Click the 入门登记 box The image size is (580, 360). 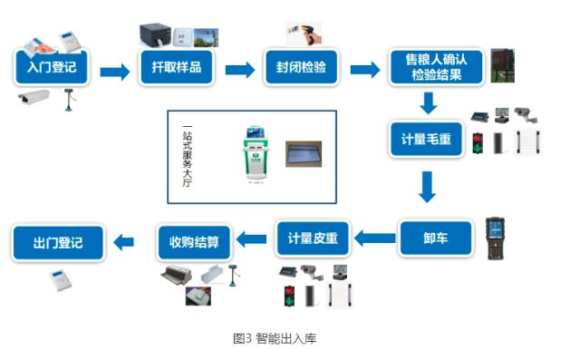[52, 67]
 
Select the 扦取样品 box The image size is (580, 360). [177, 67]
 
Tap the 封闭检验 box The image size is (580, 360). [301, 67]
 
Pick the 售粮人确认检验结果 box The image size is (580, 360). [436, 67]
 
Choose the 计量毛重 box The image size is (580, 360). [426, 139]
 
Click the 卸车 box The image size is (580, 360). [436, 238]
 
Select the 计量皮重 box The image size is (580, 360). [313, 238]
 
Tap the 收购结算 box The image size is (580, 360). [194, 242]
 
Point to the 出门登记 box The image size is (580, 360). [58, 243]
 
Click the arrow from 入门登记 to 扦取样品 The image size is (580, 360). [115, 72]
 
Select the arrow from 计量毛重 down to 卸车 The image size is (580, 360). [427, 187]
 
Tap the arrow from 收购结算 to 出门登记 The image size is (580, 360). [123, 242]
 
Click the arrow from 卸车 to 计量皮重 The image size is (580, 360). [374, 238]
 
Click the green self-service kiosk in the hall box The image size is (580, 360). [256, 154]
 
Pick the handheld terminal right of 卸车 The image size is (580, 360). [496, 238]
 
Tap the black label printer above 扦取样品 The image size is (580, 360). [155, 35]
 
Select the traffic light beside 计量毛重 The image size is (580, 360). [478, 143]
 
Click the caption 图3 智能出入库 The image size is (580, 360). [275, 338]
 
